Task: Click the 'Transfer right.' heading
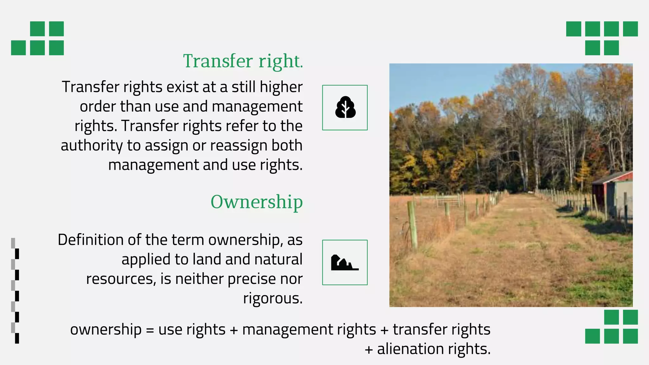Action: coord(243,61)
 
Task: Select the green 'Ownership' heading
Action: coord(257,202)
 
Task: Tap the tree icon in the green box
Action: coord(345,107)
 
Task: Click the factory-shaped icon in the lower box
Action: coord(344,263)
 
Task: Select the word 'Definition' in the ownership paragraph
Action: coord(91,240)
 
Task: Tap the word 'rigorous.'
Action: coord(273,298)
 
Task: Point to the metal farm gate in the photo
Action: coord(448,201)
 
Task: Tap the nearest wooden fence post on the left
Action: coord(413,225)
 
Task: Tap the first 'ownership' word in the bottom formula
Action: coord(106,330)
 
